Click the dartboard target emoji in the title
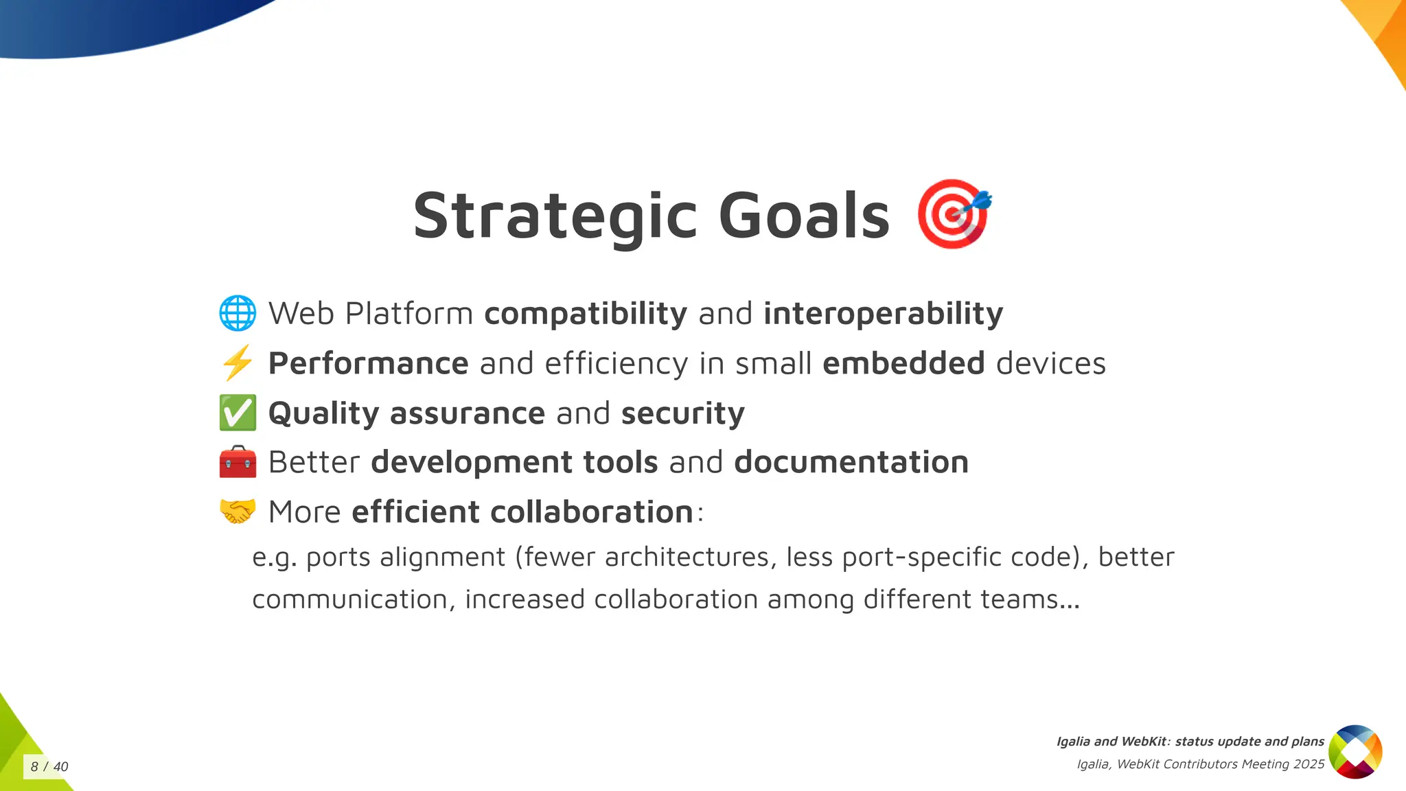coord(953,214)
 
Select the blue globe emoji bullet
coord(238,313)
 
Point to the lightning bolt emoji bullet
coord(238,363)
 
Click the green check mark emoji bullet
coord(238,413)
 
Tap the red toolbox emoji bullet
coord(238,462)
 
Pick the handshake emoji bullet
coord(238,512)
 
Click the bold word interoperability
coord(883,314)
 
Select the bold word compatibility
coord(585,314)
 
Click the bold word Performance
coord(368,363)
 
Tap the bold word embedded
coord(903,363)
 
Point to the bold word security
coord(682,413)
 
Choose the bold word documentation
coord(851,462)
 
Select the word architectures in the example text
coord(687,557)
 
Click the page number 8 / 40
coord(49,767)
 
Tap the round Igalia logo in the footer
coord(1355,752)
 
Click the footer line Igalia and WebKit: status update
coord(1190,742)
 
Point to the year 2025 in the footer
coord(1309,764)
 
